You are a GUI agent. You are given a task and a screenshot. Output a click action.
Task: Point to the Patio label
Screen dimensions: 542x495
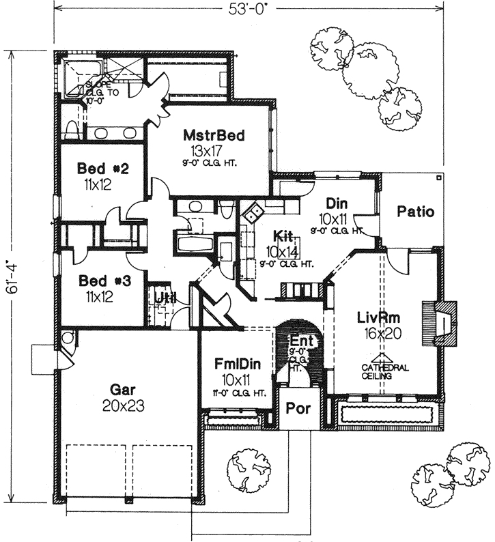[416, 212]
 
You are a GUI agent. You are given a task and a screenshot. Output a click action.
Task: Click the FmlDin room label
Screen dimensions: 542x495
[232, 364]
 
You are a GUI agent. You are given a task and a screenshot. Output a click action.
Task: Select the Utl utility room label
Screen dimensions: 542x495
[162, 298]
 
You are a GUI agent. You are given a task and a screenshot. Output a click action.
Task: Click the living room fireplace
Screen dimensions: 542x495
[437, 320]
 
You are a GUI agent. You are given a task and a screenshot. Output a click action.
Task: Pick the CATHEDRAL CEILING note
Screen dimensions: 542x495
[385, 371]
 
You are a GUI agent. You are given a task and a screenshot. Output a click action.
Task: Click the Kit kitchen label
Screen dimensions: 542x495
[283, 236]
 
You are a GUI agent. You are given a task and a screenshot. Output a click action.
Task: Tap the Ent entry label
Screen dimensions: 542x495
[300, 340]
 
